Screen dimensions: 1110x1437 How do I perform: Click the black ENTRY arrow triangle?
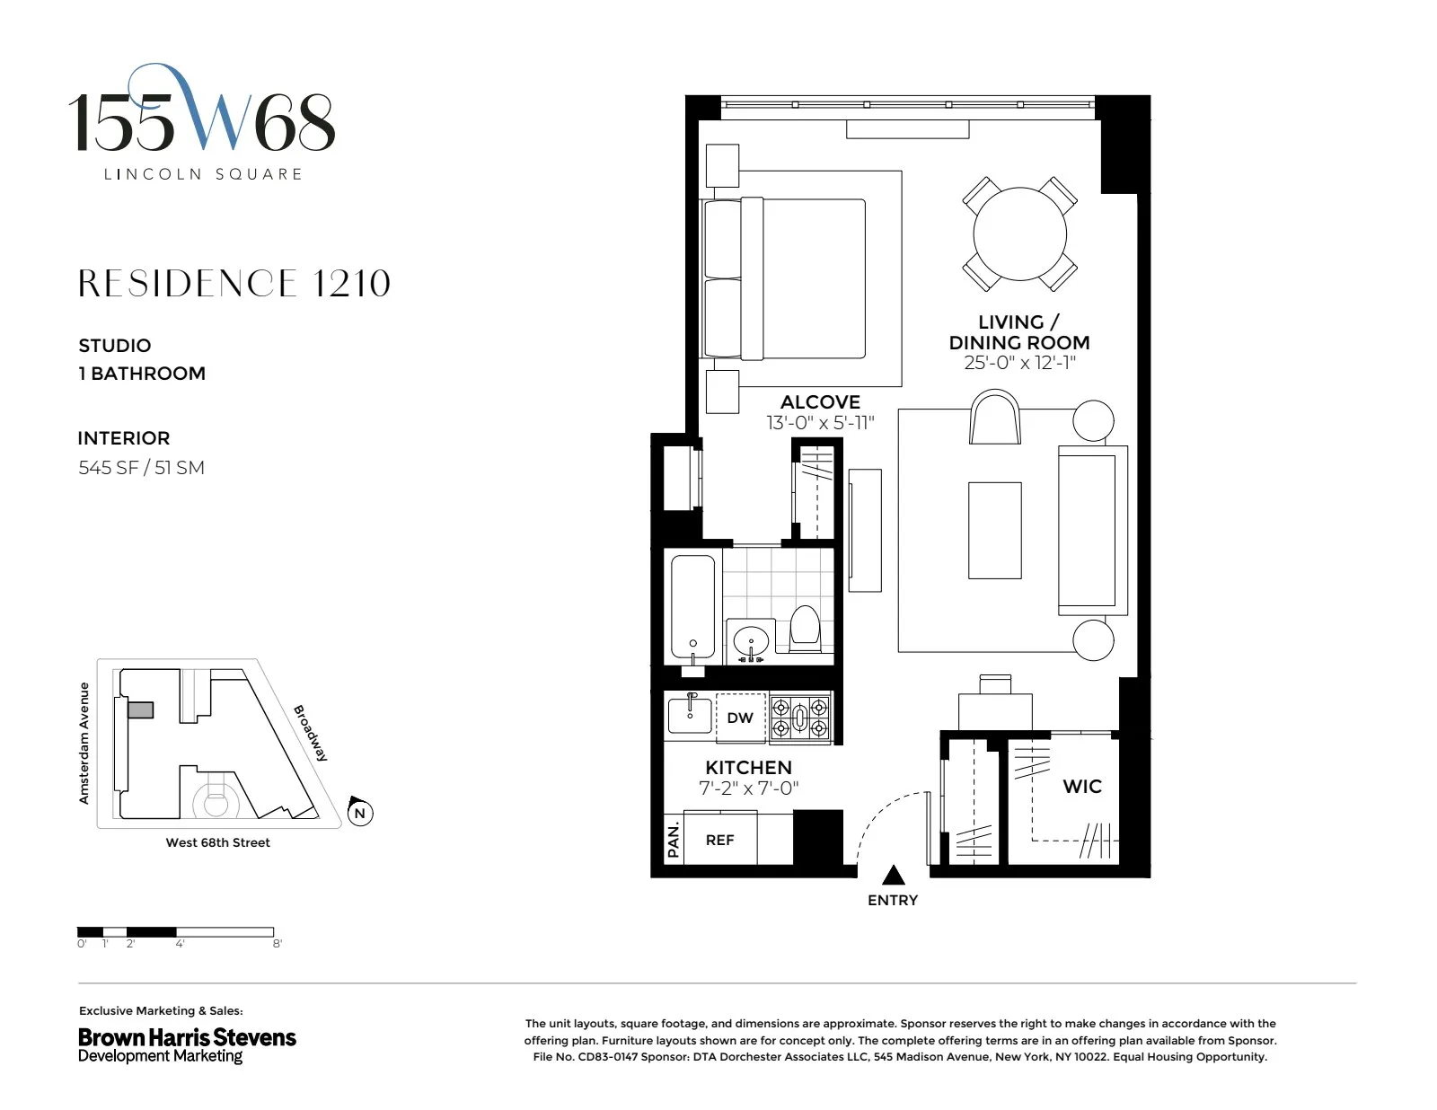(x=892, y=875)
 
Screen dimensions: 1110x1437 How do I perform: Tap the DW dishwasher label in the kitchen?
(x=740, y=718)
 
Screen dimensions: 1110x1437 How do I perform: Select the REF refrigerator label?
(x=719, y=840)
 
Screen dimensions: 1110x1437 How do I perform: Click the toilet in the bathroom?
(x=805, y=629)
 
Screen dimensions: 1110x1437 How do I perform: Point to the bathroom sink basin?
(x=750, y=642)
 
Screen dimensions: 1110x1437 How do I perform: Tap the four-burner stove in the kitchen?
(x=801, y=717)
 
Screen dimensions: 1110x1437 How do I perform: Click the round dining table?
(x=1019, y=233)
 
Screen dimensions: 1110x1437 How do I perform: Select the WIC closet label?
(x=1081, y=786)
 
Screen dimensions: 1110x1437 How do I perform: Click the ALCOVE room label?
(x=820, y=401)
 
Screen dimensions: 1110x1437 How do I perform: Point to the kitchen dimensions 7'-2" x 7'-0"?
(x=748, y=788)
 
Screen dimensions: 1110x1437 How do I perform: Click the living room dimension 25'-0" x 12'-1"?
(x=1019, y=363)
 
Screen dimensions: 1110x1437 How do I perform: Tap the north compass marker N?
(x=360, y=813)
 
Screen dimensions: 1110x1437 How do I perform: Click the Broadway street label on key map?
(x=311, y=733)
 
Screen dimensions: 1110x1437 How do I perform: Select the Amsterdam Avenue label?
(x=84, y=743)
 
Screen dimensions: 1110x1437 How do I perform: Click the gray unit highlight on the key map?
(x=141, y=710)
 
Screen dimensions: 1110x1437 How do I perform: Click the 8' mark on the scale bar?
(x=278, y=944)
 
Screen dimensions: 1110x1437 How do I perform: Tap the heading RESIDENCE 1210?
(x=234, y=284)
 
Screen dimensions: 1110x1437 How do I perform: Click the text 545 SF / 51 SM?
(x=141, y=468)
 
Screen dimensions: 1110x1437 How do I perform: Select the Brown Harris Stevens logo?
(x=187, y=1044)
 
